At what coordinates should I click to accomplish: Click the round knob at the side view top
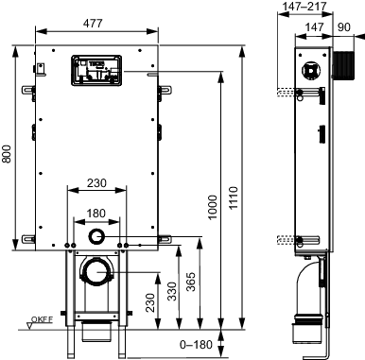[307, 69]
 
